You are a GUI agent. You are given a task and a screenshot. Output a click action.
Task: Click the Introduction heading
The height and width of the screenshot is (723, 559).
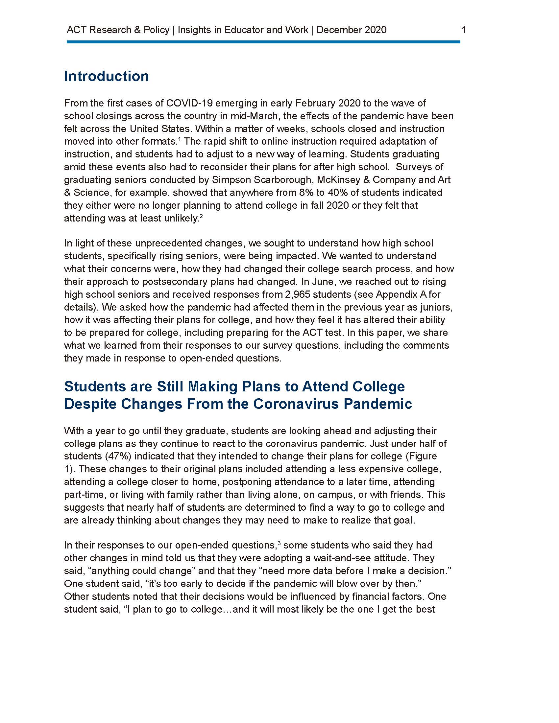106,76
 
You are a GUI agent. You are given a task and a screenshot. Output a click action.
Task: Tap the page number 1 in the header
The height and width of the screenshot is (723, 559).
464,30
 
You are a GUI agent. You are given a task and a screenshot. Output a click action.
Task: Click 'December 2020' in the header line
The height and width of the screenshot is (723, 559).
352,30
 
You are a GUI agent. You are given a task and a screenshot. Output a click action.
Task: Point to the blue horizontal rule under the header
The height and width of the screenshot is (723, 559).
263,42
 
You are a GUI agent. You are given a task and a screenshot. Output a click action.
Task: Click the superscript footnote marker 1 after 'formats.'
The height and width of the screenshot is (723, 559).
180,139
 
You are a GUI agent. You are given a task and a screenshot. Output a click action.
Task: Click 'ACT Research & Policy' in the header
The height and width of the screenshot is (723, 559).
118,30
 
